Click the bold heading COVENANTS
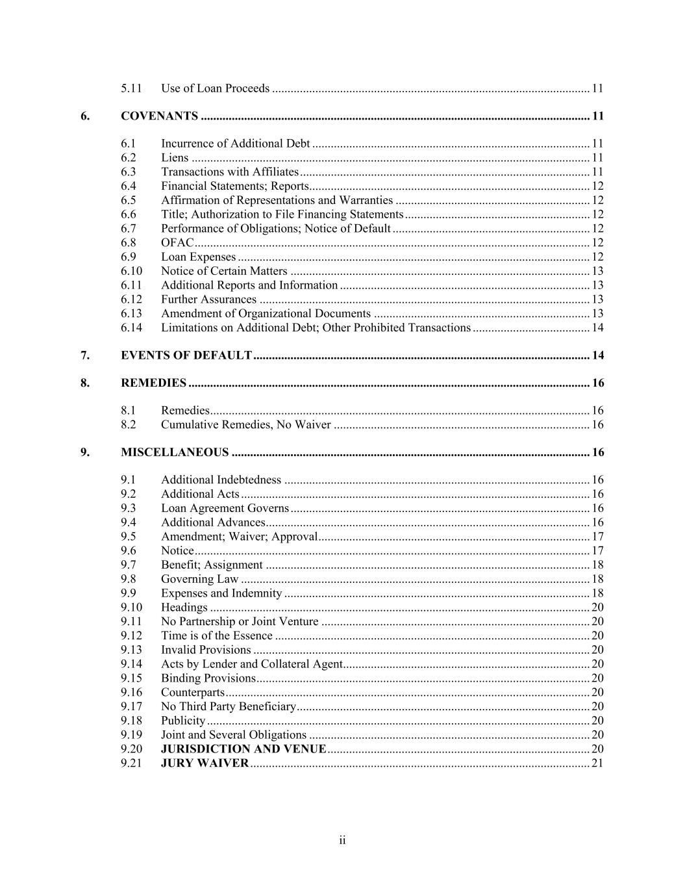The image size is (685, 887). point(159,116)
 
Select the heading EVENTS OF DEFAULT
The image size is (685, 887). point(186,355)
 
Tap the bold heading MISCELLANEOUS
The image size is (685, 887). point(175,452)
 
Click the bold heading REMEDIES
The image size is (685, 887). point(153,383)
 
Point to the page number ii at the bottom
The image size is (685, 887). point(342,841)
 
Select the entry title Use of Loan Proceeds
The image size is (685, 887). point(215,88)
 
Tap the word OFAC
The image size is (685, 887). point(177,242)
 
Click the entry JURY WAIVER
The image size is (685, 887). point(205,763)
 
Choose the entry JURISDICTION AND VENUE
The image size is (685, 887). point(243,749)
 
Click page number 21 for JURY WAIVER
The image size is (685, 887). point(597,763)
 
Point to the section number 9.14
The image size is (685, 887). point(131,663)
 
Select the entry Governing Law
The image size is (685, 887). point(199,579)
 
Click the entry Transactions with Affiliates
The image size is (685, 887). point(229,172)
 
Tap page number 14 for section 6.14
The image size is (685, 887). point(597,328)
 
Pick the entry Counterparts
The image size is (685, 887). point(192,692)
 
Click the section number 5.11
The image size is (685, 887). point(131,88)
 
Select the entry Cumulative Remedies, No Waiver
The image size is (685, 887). point(245,425)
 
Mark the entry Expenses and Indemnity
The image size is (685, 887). point(221,593)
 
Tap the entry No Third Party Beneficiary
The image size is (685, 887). point(228,706)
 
